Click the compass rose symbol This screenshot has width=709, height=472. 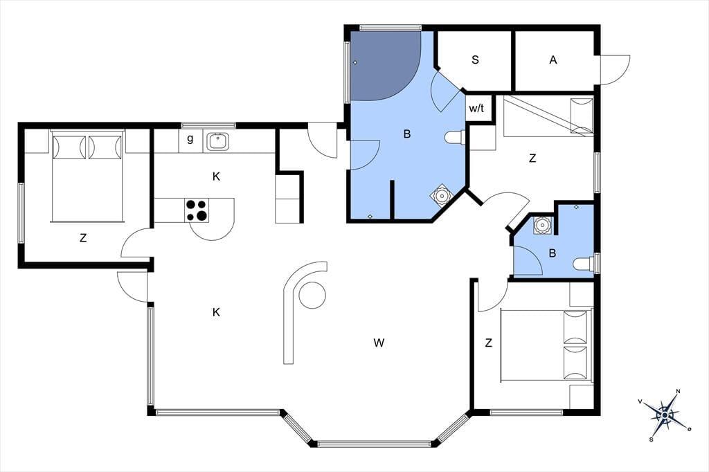[x=665, y=415]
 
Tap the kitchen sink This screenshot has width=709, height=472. [x=218, y=141]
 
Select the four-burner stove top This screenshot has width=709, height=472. [x=197, y=210]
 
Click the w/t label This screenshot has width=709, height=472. [x=476, y=109]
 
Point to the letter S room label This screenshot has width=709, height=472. [x=475, y=60]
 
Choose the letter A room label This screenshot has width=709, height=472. [x=553, y=60]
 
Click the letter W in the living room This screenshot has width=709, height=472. [x=379, y=343]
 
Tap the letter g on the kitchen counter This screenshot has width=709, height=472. [x=190, y=139]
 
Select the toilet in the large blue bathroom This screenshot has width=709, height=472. [x=454, y=137]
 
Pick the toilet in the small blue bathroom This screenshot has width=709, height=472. [x=584, y=264]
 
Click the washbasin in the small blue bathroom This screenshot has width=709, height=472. [x=541, y=225]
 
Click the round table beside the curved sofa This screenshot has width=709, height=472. [x=312, y=295]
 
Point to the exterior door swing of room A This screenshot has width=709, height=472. [x=616, y=70]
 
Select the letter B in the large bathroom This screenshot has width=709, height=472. [x=407, y=134]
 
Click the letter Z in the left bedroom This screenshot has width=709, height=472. [x=83, y=238]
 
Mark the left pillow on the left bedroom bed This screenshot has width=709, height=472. [x=69, y=147]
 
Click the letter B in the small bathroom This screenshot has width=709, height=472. [x=552, y=253]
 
